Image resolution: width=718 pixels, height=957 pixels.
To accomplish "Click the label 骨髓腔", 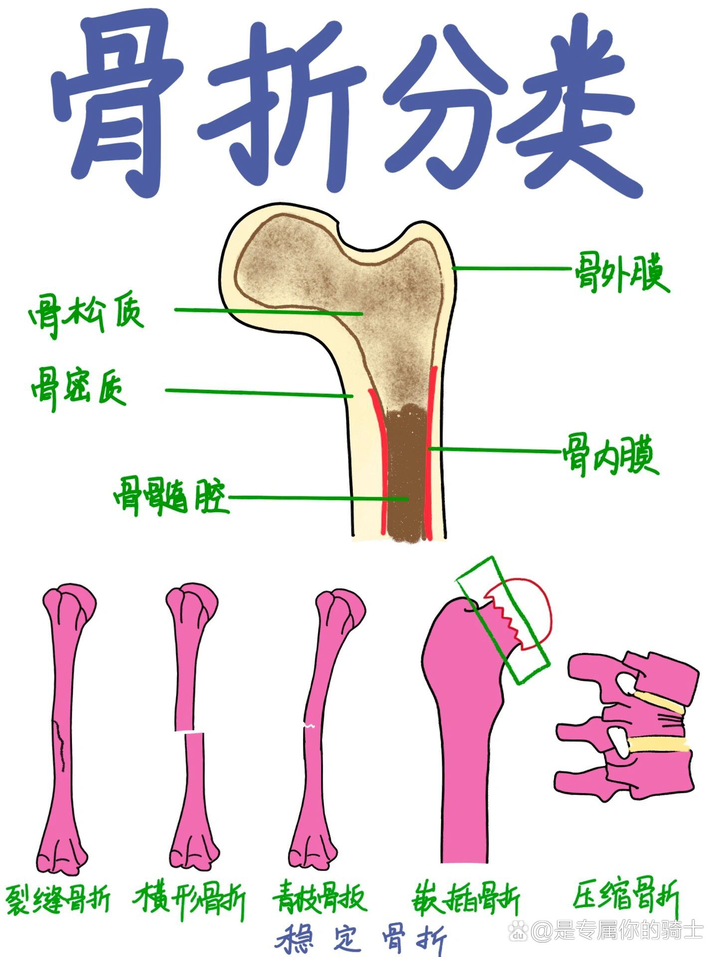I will click(171, 496).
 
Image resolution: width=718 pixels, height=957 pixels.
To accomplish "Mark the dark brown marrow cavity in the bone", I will click(407, 474).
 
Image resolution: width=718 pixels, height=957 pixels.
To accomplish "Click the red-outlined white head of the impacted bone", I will click(529, 608).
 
